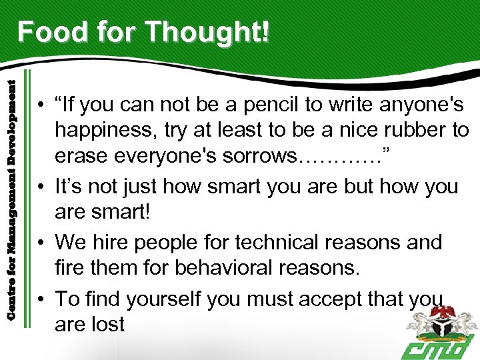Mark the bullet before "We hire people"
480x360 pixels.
coord(41,242)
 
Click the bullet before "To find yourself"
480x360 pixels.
coord(41,299)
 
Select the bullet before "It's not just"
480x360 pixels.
coord(41,186)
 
